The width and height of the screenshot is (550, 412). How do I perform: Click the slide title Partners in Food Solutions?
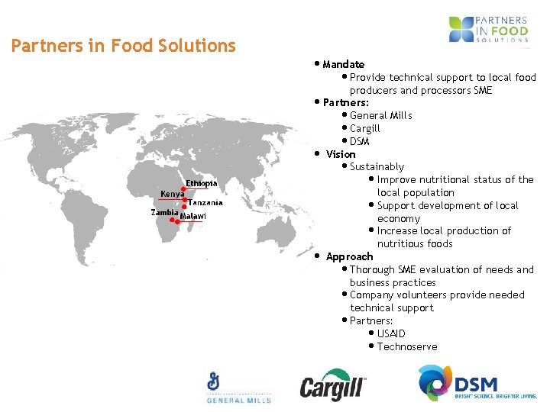[x=123, y=46]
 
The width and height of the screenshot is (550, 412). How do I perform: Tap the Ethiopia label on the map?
[x=202, y=183]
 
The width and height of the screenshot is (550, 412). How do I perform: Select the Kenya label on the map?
[x=172, y=194]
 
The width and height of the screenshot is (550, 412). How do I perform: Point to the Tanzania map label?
[x=205, y=203]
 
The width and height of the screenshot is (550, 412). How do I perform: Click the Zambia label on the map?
[x=164, y=212]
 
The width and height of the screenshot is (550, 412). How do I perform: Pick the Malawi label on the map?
[x=193, y=216]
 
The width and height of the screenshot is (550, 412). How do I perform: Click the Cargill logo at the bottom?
[x=332, y=385]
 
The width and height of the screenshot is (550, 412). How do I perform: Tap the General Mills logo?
[x=238, y=388]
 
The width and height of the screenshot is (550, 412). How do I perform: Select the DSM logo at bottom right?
[x=477, y=384]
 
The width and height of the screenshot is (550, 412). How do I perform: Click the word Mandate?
[x=343, y=64]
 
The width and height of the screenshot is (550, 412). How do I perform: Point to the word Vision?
[x=341, y=154]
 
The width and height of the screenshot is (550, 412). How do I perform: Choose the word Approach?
[x=349, y=256]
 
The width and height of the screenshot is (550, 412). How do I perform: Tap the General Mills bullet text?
[x=380, y=115]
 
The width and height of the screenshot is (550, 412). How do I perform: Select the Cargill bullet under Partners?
[x=364, y=128]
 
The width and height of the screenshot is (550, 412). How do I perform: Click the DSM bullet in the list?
[x=359, y=141]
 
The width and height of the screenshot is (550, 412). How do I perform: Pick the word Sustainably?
[x=377, y=166]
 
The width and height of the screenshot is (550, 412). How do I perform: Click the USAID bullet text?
[x=391, y=333]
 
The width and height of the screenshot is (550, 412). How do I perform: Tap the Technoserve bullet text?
[x=407, y=346]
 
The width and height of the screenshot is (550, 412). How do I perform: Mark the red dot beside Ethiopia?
[x=183, y=188]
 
